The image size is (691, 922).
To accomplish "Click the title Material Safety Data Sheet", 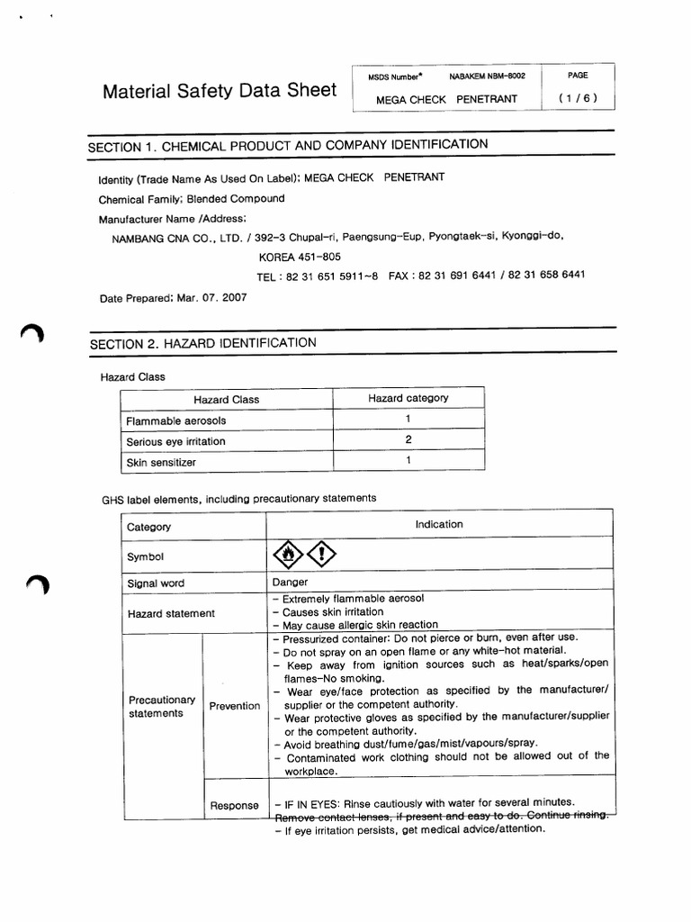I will [x=220, y=91].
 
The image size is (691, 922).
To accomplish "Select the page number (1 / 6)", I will [x=578, y=99].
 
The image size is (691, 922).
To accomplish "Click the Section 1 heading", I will [x=288, y=145].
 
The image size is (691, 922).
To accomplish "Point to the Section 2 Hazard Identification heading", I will [x=202, y=343].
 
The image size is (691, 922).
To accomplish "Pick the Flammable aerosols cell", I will [x=176, y=420].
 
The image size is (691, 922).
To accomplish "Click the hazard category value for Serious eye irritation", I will [x=408, y=440].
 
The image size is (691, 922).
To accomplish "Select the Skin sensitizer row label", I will [x=161, y=462].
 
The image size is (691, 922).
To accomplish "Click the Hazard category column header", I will [x=408, y=398].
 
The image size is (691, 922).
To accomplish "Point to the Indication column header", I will [x=439, y=524].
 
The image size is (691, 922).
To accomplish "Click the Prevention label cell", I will [x=234, y=706].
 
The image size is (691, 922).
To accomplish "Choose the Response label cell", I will [x=234, y=805].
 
